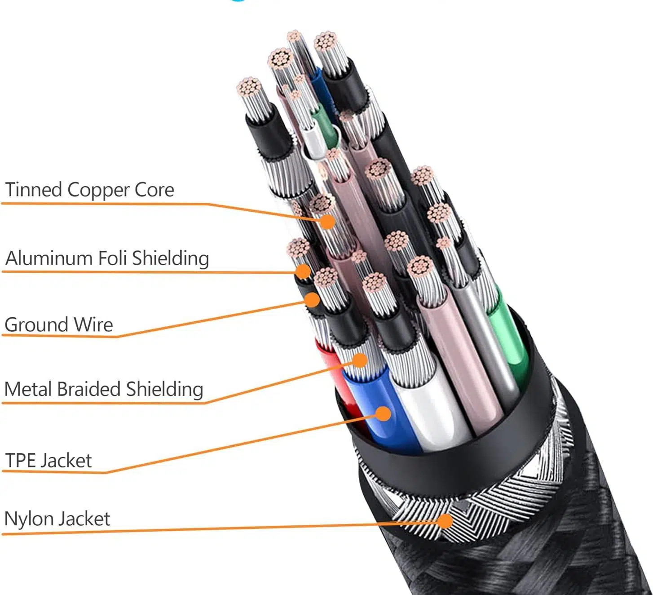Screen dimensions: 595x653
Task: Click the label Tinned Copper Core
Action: click(x=89, y=190)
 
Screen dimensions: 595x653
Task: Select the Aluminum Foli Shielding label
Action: click(x=107, y=258)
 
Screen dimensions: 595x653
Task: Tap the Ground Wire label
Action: click(x=58, y=324)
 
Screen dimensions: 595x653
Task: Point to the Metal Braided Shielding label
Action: click(x=104, y=389)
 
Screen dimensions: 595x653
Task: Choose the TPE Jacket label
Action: click(x=48, y=461)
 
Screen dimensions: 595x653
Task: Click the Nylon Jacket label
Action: click(x=57, y=519)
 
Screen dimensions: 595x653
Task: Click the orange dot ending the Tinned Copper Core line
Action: click(x=328, y=221)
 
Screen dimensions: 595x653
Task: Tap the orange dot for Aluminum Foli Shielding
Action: click(x=304, y=271)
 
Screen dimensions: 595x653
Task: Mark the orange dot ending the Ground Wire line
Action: click(x=312, y=299)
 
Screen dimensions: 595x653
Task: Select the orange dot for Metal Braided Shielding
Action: click(x=360, y=360)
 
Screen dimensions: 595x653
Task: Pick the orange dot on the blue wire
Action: click(x=383, y=413)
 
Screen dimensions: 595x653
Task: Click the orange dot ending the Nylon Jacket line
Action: click(x=445, y=521)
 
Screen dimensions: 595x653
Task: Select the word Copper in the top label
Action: click(x=98, y=190)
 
